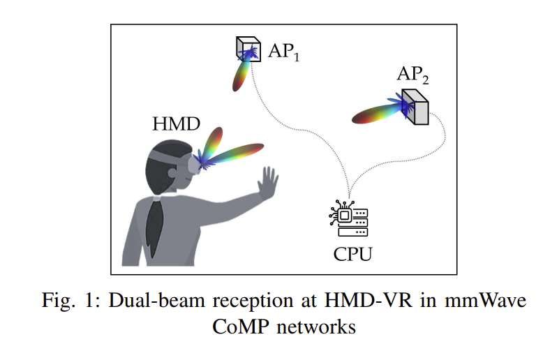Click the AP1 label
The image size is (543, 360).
(284, 52)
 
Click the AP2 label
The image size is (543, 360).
(412, 75)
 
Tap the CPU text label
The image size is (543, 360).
(352, 253)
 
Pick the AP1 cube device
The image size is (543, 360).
(248, 49)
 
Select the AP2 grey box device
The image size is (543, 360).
(417, 107)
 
